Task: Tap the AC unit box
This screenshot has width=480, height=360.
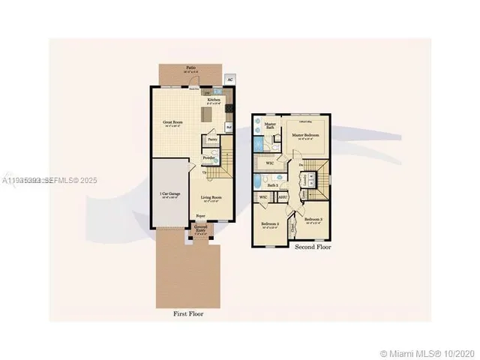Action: (x=229, y=78)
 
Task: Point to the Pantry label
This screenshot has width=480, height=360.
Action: (x=212, y=139)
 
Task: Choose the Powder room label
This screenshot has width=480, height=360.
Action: (x=209, y=157)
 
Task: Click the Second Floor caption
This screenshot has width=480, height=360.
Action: (x=313, y=247)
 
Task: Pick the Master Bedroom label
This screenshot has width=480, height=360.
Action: (x=306, y=135)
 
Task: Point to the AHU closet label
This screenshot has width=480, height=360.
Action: (x=283, y=197)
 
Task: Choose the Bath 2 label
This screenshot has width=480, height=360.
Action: (x=274, y=184)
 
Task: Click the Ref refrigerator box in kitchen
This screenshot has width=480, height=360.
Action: (x=229, y=128)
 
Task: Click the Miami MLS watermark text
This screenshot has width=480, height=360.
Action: (x=430, y=352)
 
